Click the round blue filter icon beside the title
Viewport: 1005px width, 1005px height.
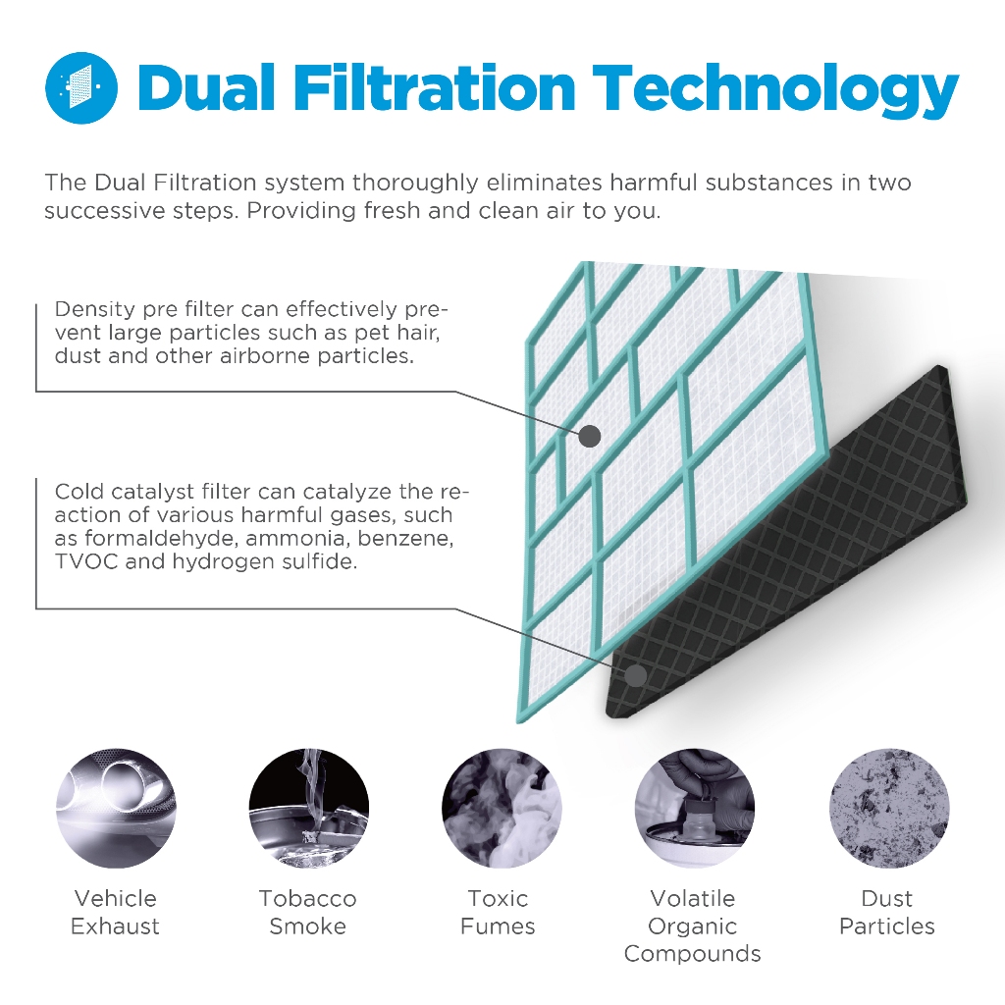[x=81, y=87]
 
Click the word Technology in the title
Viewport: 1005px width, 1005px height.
[x=775, y=90]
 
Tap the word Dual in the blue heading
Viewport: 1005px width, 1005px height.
[x=207, y=87]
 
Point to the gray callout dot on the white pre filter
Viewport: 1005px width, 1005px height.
[x=590, y=437]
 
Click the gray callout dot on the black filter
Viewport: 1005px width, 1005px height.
[x=636, y=675]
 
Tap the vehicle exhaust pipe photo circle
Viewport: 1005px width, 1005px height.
[x=116, y=809]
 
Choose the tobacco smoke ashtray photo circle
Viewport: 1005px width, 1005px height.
[x=308, y=809]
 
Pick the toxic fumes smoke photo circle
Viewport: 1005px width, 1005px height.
[x=502, y=809]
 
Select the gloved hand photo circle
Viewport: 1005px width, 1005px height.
[x=694, y=809]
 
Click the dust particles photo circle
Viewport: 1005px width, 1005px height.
[x=888, y=809]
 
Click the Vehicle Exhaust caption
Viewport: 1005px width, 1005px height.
[x=116, y=912]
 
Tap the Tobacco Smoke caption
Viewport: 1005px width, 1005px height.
[x=307, y=912]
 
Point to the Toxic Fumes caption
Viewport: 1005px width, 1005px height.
[x=498, y=912]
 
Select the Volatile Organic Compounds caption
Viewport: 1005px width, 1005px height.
[x=693, y=926]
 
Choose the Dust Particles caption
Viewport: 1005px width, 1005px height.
[x=887, y=912]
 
